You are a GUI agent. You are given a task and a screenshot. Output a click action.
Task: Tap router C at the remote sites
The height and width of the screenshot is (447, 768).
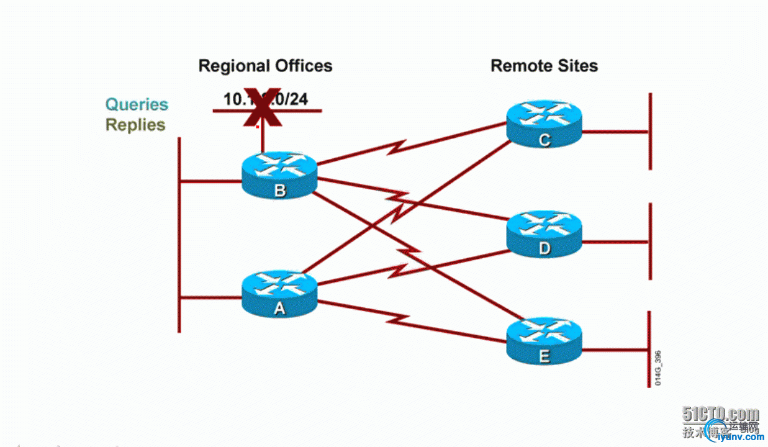pos(544,125)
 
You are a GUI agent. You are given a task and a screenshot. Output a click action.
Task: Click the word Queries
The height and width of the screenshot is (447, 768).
pos(137,104)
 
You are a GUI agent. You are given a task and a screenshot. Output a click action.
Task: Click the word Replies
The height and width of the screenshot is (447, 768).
pos(135,125)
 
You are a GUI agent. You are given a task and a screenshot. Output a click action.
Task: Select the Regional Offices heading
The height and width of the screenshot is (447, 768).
pos(265,66)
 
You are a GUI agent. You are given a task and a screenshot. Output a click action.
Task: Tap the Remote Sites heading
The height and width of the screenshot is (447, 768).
pos(544,66)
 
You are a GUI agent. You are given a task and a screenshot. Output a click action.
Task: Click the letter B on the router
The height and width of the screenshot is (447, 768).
pos(280,190)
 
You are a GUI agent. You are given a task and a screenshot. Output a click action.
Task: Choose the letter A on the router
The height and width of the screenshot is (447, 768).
pos(279,309)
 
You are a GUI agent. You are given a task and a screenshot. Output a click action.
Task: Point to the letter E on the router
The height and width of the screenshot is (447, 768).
pos(544,356)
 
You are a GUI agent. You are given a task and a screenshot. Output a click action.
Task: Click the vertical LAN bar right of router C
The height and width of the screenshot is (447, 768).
pos(650,132)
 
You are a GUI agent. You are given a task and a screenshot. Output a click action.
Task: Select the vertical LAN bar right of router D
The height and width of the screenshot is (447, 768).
pos(650,241)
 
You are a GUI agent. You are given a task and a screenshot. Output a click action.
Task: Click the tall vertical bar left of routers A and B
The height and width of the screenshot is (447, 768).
pos(179,235)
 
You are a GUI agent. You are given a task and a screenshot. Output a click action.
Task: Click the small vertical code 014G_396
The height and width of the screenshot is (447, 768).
pos(658,369)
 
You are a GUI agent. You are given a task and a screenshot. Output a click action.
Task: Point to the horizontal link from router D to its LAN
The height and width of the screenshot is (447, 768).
pos(615,242)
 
